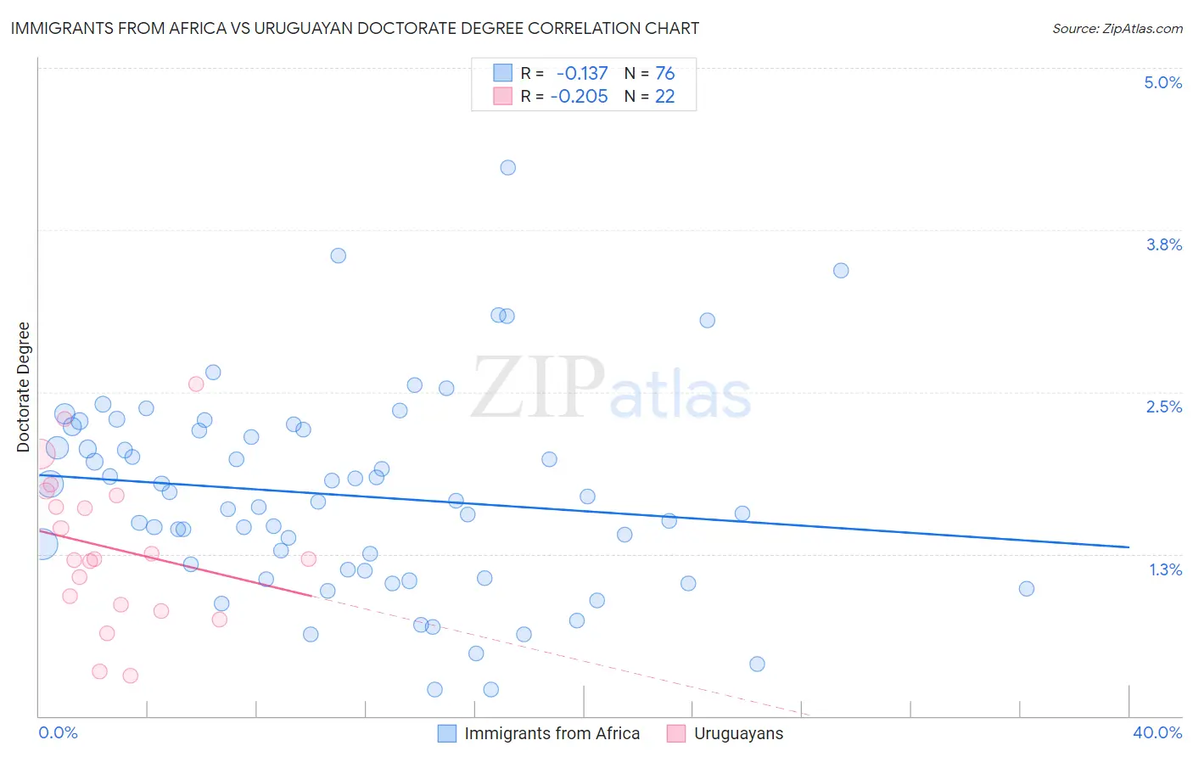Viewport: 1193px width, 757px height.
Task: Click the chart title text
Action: tap(355, 28)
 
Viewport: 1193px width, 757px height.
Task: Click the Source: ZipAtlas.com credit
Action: tap(1117, 29)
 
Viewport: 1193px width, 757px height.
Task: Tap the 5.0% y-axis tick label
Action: tap(1162, 82)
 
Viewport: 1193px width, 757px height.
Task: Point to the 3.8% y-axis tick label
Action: tap(1163, 244)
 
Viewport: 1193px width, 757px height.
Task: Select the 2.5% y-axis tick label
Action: tap(1163, 407)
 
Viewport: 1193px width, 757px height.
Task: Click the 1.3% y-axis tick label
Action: tap(1165, 569)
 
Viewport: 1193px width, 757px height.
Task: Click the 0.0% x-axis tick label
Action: tap(58, 732)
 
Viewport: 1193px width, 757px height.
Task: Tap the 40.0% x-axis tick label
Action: tap(1157, 732)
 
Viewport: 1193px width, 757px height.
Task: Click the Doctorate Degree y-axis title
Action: tap(23, 387)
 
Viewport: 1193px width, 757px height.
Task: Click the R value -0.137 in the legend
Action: tap(582, 74)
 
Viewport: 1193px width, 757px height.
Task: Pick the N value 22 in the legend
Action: tap(664, 97)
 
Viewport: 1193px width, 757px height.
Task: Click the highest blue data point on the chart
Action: tap(508, 167)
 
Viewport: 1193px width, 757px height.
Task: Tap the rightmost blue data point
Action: tap(1027, 588)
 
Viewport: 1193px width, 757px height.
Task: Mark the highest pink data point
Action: tap(196, 384)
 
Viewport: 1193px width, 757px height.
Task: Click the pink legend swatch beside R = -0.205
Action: tap(503, 97)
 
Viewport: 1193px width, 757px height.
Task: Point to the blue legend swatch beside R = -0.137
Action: tap(503, 74)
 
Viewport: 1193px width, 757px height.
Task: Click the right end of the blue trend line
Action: tap(1129, 547)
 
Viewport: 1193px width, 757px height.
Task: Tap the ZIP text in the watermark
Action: tap(538, 387)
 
